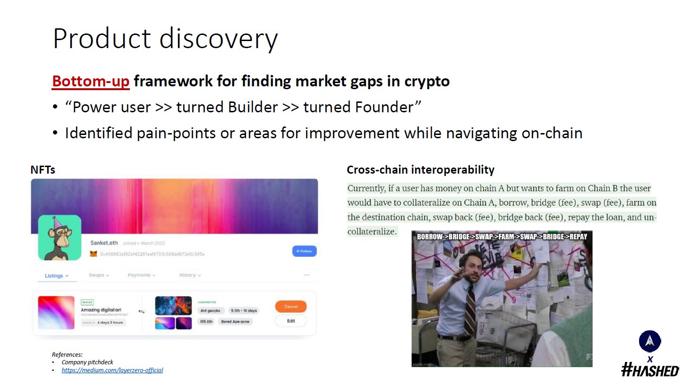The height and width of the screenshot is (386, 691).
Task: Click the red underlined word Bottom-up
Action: coord(91,81)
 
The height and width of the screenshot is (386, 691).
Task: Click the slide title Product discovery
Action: coord(165,39)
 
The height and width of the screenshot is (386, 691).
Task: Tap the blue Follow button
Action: coord(304,251)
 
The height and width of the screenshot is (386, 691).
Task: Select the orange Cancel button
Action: coord(290,307)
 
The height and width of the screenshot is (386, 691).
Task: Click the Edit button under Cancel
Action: coord(290,321)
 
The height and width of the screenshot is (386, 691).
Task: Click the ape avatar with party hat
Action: coord(60,238)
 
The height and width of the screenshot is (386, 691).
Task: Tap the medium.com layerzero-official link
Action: coord(112,370)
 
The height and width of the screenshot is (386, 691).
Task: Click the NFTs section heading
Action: coord(43,170)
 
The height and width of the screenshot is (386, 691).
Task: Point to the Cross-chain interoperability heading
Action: coord(420,170)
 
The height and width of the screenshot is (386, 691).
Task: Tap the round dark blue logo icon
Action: coord(650,341)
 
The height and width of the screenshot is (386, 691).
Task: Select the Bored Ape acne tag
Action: coord(235,321)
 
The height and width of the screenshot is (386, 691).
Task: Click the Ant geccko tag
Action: coord(210,310)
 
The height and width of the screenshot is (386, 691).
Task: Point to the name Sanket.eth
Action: coord(104,243)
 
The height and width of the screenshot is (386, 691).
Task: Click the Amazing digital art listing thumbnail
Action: coord(56,312)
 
